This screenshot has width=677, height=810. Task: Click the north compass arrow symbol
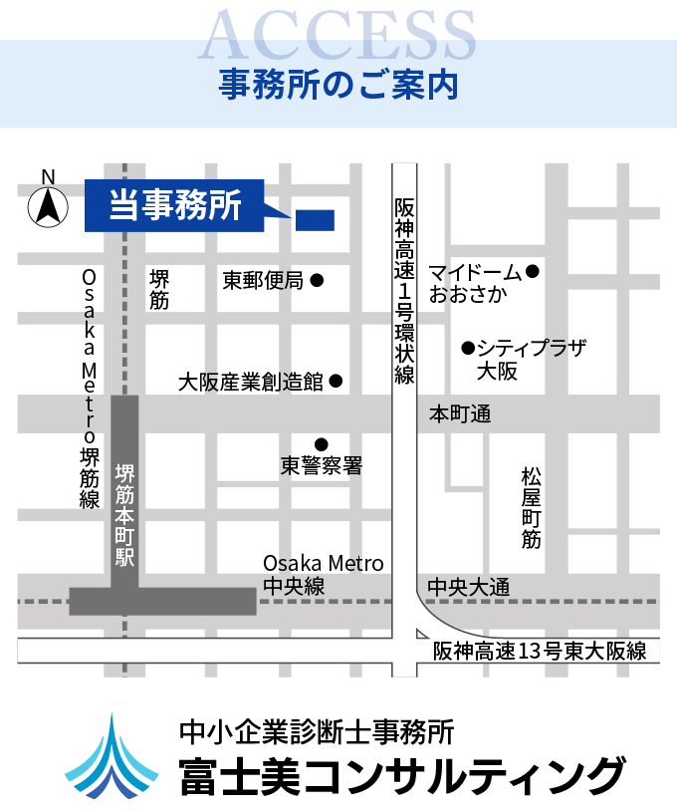(x=48, y=206)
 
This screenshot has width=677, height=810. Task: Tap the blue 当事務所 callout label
(x=175, y=205)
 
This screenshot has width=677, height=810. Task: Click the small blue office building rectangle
(x=315, y=220)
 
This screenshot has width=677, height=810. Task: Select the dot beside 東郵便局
(x=317, y=281)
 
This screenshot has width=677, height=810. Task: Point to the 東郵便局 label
(x=263, y=281)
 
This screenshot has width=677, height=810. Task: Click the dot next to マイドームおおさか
(x=533, y=271)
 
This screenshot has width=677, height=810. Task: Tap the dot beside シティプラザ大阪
(x=466, y=348)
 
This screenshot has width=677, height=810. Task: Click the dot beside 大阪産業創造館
(x=336, y=381)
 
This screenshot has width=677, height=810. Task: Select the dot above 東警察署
(x=321, y=444)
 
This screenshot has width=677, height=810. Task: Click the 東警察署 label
(x=321, y=465)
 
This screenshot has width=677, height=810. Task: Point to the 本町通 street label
(x=460, y=413)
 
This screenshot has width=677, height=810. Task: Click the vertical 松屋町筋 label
(x=531, y=507)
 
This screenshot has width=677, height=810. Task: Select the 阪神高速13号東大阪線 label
(x=540, y=652)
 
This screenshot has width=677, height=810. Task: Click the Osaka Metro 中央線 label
(x=323, y=576)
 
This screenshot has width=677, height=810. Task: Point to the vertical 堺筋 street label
(x=159, y=289)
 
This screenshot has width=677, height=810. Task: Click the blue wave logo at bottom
(x=112, y=758)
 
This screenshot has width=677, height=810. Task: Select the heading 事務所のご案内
(x=338, y=85)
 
